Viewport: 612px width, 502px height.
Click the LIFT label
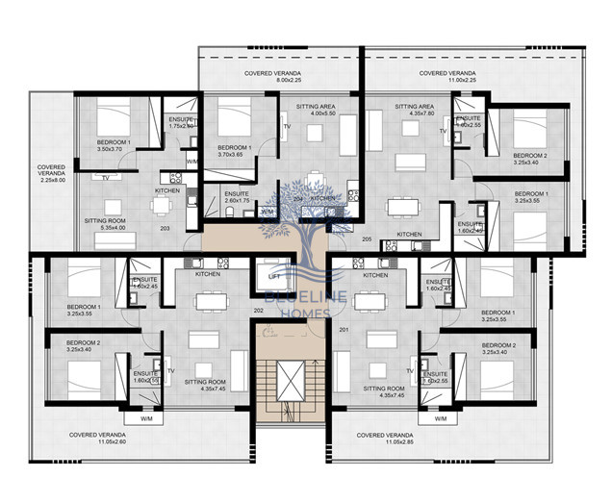[x=273, y=276]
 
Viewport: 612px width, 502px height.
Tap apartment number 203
[x=165, y=228]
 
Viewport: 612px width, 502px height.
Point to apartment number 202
[x=258, y=311]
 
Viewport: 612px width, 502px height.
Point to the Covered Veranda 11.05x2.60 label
[x=96, y=439]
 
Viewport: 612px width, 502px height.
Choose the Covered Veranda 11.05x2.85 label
[x=385, y=439]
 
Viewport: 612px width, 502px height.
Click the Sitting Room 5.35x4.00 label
[x=107, y=224]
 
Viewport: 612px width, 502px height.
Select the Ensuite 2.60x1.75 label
[x=237, y=196]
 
